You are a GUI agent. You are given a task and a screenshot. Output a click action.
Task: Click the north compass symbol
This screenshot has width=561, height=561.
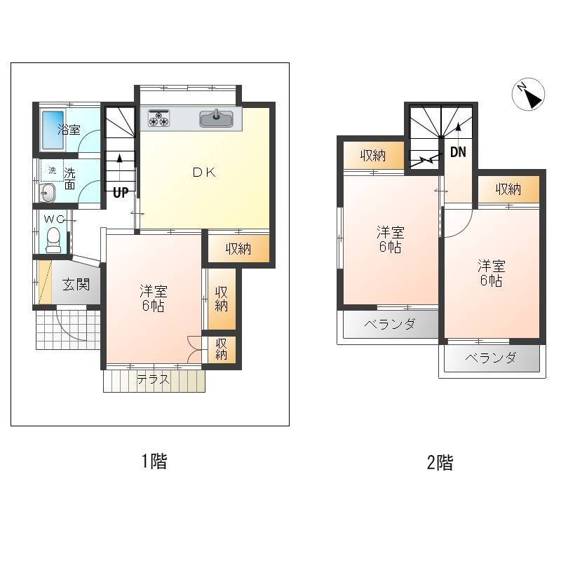tap(528, 94)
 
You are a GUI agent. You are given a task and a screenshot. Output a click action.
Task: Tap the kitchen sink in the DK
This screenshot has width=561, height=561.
tap(216, 119)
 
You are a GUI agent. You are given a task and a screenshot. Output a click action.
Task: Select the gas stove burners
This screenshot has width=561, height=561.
tap(159, 119)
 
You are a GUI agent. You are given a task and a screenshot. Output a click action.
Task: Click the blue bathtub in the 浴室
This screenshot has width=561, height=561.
tap(53, 130)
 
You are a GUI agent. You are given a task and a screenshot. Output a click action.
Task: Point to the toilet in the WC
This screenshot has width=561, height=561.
tap(54, 239)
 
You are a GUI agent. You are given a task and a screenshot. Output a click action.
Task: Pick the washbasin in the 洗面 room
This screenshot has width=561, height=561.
tap(47, 194)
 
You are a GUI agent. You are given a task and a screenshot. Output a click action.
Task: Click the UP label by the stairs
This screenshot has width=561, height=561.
tap(121, 193)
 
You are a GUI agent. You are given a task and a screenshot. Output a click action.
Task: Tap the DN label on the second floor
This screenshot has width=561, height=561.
tap(458, 152)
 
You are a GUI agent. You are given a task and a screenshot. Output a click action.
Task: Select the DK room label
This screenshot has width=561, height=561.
tap(204, 173)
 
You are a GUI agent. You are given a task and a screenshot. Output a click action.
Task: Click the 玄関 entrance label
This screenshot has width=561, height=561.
tap(76, 285)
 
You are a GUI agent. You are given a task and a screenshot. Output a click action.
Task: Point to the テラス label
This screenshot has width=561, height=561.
tap(153, 379)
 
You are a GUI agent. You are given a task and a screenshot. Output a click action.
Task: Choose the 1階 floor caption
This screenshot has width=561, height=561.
tap(154, 461)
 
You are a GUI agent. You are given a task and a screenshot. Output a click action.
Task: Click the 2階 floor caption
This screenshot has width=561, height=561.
tap(440, 462)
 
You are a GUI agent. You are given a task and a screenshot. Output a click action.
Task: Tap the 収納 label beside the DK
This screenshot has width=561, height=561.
tap(238, 249)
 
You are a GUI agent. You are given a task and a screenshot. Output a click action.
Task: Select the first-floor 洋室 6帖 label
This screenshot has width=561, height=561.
tap(154, 299)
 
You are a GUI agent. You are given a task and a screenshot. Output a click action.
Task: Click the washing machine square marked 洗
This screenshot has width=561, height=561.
tap(52, 170)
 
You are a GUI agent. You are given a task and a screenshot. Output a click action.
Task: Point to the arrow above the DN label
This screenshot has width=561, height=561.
tap(458, 133)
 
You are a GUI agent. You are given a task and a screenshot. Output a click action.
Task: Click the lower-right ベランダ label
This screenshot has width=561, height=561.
tap(490, 358)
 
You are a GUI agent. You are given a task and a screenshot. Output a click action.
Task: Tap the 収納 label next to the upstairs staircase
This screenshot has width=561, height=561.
tap(373, 156)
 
